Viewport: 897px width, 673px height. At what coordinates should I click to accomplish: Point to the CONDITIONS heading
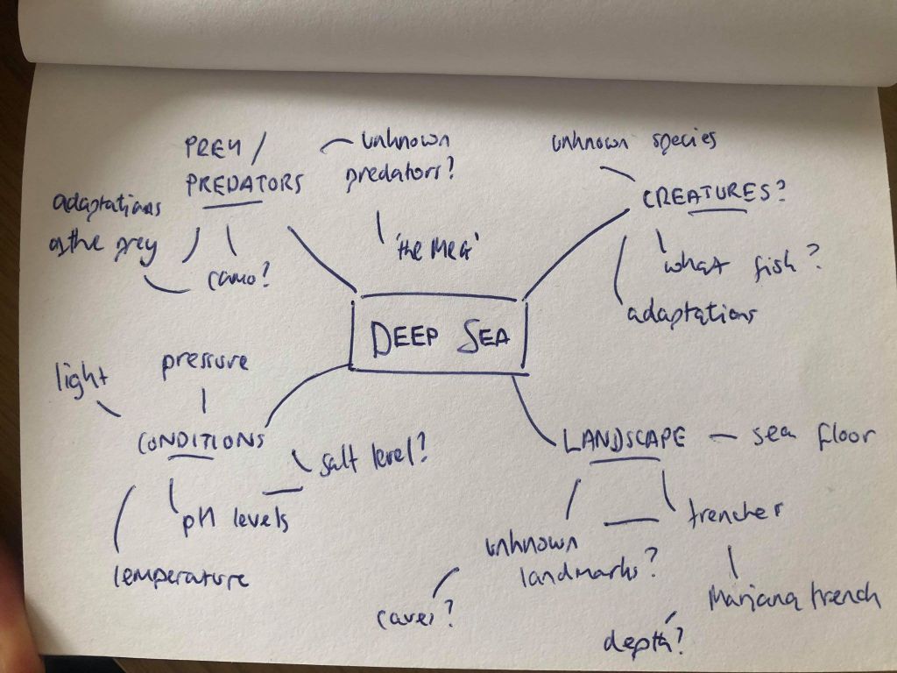[201, 441]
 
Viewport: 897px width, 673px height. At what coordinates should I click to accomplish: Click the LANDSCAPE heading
[623, 439]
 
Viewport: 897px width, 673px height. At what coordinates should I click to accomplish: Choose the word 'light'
[80, 379]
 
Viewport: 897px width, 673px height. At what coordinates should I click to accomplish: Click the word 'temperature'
[180, 576]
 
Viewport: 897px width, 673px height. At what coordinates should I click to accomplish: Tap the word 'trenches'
[734, 509]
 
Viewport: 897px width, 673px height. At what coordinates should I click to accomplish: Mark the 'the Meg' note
[435, 249]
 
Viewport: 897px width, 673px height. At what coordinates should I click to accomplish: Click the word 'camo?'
[237, 280]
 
